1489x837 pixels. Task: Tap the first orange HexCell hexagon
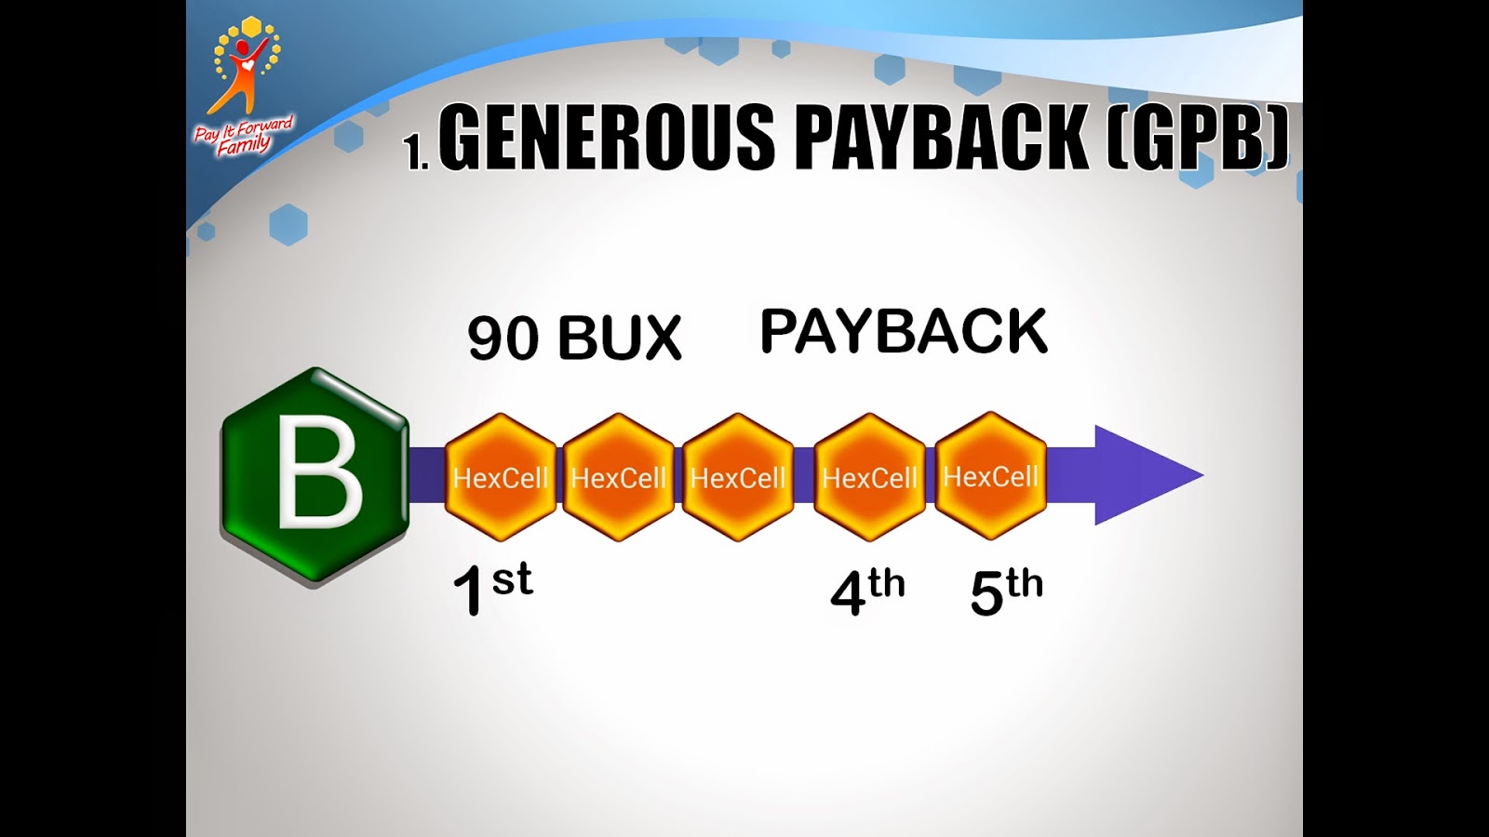500,477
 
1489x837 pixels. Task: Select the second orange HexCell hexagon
618,477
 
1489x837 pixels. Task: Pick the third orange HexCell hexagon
738,477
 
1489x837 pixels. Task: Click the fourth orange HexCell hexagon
869,477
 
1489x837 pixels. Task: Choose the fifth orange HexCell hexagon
990,476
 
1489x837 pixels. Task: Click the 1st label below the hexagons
492,589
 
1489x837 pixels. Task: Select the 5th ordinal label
1006,591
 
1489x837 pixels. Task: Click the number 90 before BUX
503,338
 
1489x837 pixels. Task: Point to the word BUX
620,338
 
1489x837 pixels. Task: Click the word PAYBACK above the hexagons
904,332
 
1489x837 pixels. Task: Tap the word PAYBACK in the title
940,137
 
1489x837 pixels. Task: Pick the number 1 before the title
414,152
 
